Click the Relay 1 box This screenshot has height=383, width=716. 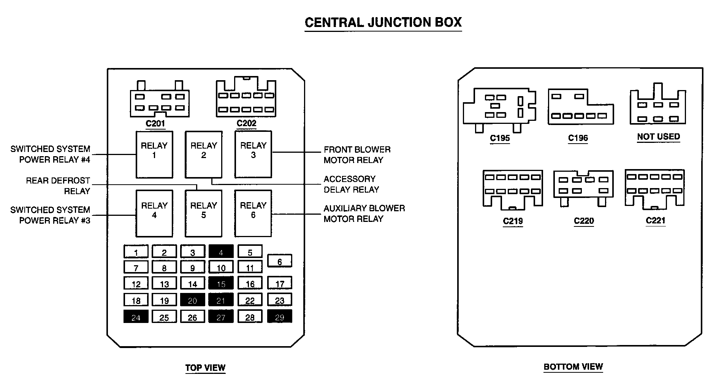click(154, 155)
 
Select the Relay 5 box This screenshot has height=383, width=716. click(203, 214)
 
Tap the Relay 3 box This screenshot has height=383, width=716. click(253, 154)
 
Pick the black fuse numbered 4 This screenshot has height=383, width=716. click(221, 252)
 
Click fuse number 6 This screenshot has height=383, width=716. click(280, 261)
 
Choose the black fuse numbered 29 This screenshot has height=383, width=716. click(280, 317)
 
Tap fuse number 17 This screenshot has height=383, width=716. click(280, 283)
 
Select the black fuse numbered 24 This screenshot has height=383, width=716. click(136, 317)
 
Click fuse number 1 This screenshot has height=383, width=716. click(136, 252)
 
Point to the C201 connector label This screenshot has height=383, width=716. click(155, 123)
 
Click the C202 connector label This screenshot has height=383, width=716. click(246, 123)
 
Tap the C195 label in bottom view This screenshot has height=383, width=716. click(500, 138)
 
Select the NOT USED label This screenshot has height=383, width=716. click(658, 137)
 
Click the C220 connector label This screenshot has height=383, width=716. click(584, 221)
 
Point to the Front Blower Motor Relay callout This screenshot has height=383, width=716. click(357, 155)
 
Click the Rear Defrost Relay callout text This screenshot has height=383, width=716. click(58, 186)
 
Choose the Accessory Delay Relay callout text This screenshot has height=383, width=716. click(351, 184)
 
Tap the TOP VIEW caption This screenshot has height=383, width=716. click(205, 367)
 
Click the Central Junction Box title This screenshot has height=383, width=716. click(383, 22)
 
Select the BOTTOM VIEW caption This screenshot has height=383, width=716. click(573, 367)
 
